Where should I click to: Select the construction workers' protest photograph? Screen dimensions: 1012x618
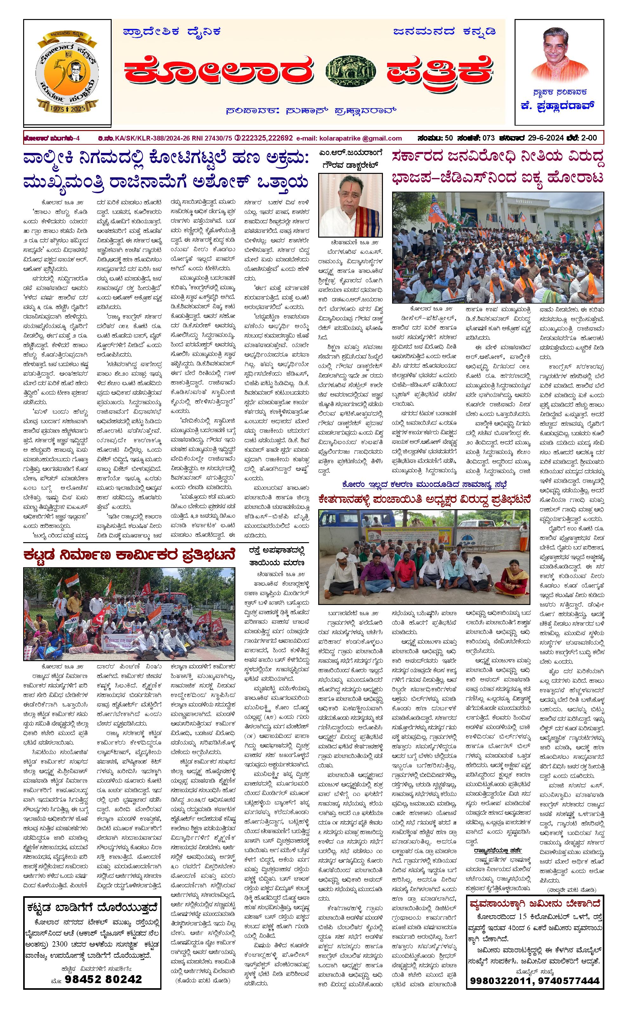[129, 614]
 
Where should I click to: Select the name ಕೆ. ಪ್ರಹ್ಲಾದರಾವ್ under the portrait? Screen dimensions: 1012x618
[558, 106]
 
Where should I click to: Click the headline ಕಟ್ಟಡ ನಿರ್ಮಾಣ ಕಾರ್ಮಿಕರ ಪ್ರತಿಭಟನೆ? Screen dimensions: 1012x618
[129, 555]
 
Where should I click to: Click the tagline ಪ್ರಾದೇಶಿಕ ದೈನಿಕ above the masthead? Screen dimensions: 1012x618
[172, 32]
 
